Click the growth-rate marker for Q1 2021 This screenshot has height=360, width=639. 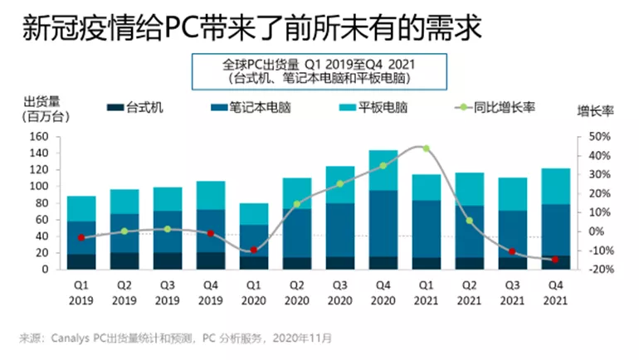click(x=426, y=148)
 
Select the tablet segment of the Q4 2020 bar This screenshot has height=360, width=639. click(x=383, y=170)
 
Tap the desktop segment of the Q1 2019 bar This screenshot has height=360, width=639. click(x=81, y=261)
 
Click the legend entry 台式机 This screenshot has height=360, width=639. click(x=136, y=107)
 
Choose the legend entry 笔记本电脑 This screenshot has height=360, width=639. click(x=252, y=107)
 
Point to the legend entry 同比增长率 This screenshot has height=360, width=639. click(x=490, y=107)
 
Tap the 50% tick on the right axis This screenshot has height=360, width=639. click(x=600, y=136)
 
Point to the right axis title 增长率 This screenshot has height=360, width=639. click(x=595, y=109)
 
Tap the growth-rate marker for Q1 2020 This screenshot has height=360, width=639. click(x=254, y=250)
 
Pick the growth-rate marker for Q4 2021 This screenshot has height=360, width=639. click(x=555, y=259)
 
